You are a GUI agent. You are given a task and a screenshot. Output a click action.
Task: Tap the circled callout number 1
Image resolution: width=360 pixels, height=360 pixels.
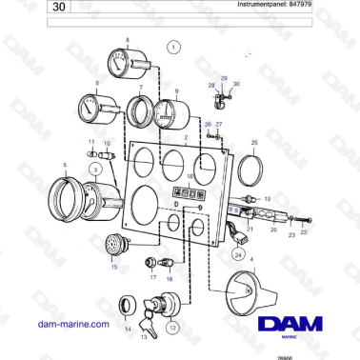(172, 45)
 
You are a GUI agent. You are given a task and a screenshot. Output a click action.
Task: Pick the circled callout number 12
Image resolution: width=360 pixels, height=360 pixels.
(171, 327)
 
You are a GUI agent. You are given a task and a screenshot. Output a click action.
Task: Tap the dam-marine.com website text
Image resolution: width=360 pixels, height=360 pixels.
(73, 325)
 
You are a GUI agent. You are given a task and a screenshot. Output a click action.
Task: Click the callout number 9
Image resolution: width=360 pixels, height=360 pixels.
(176, 90)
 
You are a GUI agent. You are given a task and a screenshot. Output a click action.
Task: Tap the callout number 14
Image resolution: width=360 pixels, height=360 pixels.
(129, 330)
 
